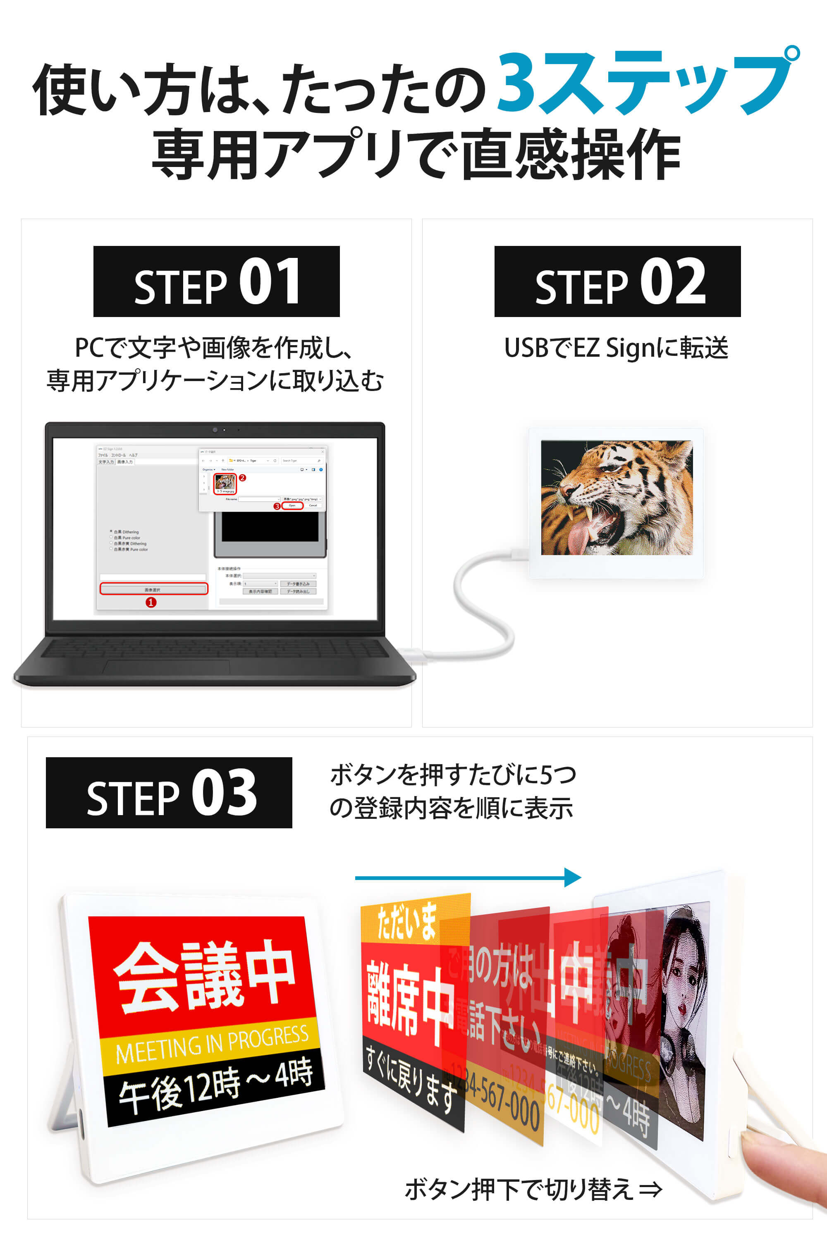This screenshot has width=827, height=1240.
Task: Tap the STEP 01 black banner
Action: [216, 281]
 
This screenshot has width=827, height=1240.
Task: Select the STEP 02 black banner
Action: [617, 281]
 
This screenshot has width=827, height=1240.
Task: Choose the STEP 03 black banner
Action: [169, 792]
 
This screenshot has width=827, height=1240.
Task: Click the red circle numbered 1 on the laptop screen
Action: [151, 602]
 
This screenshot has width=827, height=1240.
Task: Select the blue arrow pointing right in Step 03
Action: [468, 878]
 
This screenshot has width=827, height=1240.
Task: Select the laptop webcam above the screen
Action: [215, 430]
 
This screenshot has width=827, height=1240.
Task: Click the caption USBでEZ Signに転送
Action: [616, 348]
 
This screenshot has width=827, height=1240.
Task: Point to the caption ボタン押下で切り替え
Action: [533, 1190]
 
